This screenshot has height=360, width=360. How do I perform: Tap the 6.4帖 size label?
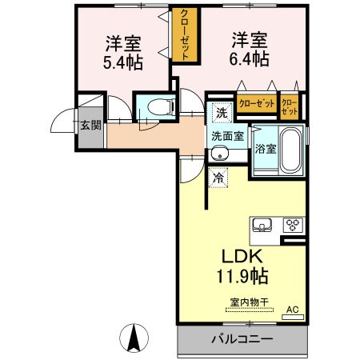(250, 58)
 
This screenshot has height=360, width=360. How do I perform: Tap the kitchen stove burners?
(290, 225)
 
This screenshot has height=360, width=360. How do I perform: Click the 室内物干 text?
(250, 302)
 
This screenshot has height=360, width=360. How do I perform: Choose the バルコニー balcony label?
(242, 339)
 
